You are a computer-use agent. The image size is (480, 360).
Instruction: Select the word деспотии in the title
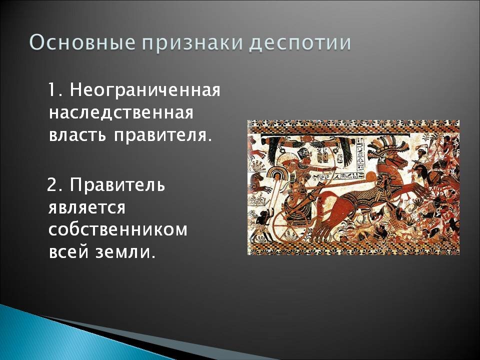click(x=299, y=43)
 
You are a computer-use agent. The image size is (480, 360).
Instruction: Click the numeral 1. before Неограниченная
click(x=56, y=90)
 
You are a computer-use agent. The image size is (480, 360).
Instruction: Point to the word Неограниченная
click(x=145, y=90)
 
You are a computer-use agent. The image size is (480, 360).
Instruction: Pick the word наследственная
click(x=121, y=113)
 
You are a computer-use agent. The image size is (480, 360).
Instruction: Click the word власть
click(x=78, y=135)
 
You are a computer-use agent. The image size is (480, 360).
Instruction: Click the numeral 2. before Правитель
click(x=55, y=185)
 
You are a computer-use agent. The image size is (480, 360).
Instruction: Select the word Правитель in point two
click(x=117, y=184)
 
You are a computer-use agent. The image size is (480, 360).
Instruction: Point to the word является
click(x=87, y=207)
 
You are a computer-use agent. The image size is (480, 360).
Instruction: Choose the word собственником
click(x=118, y=230)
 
